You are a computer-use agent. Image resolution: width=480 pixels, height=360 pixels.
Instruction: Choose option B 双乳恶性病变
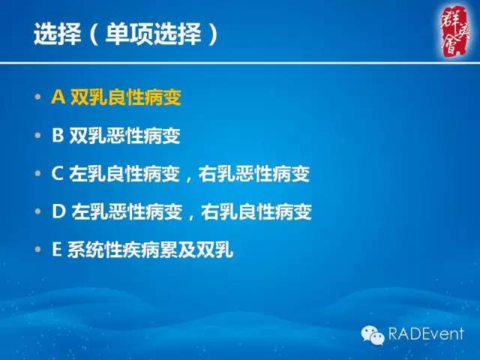pyautogui.click(x=115, y=136)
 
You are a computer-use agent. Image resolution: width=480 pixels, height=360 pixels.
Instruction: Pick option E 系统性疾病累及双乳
pyautogui.click(x=142, y=250)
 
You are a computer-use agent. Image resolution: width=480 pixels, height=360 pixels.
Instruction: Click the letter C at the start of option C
pyautogui.click(x=57, y=174)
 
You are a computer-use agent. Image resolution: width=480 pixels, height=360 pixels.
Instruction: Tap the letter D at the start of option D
pyautogui.click(x=58, y=212)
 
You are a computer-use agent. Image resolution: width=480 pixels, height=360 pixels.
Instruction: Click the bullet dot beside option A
pyautogui.click(x=38, y=99)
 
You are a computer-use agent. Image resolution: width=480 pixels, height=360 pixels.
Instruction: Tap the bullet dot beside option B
pyautogui.click(x=38, y=137)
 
